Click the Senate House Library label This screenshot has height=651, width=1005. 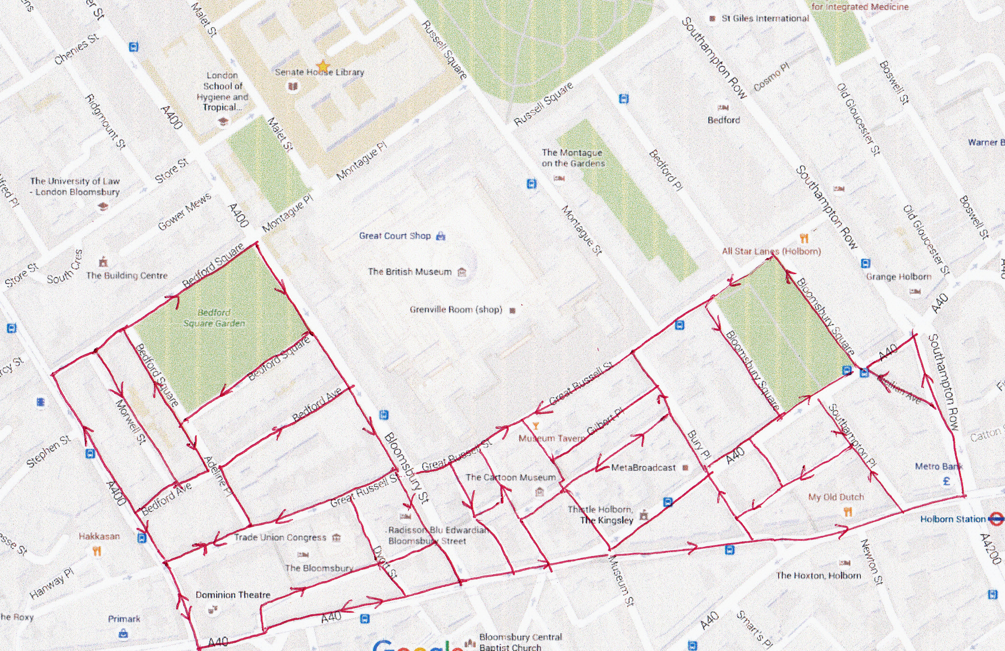pyautogui.click(x=319, y=73)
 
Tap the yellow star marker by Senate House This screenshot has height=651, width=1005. pyautogui.click(x=323, y=65)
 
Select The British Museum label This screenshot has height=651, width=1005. pyautogui.click(x=409, y=272)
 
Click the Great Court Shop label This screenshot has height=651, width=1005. pyautogui.click(x=395, y=236)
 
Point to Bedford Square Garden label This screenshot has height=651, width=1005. pyautogui.click(x=214, y=318)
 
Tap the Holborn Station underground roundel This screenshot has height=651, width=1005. pyautogui.click(x=996, y=518)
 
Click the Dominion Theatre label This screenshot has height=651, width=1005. pyautogui.click(x=233, y=595)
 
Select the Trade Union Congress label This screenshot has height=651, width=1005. pyautogui.click(x=280, y=538)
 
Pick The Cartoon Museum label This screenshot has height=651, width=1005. pyautogui.click(x=511, y=478)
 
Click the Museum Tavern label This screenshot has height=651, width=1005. pyautogui.click(x=551, y=438)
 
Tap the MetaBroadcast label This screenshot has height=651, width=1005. pyautogui.click(x=643, y=468)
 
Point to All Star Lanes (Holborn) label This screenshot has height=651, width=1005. pyautogui.click(x=771, y=252)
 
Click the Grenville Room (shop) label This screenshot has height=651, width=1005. pyautogui.click(x=456, y=310)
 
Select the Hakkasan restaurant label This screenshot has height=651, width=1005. pyautogui.click(x=99, y=536)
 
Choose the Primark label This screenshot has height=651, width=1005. pyautogui.click(x=124, y=619)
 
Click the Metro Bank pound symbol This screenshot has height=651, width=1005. pyautogui.click(x=946, y=481)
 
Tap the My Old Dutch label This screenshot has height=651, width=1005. pyautogui.click(x=836, y=497)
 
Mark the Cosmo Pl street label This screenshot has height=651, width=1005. pyautogui.click(x=771, y=77)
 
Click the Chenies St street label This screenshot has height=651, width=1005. pyautogui.click(x=76, y=49)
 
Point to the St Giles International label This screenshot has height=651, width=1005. pyautogui.click(x=765, y=19)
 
